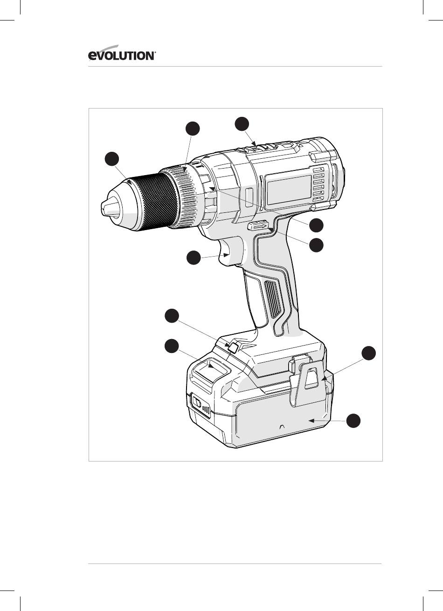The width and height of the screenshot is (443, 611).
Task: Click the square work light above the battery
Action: [x=234, y=347]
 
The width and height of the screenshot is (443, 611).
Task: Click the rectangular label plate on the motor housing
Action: [x=289, y=190]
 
